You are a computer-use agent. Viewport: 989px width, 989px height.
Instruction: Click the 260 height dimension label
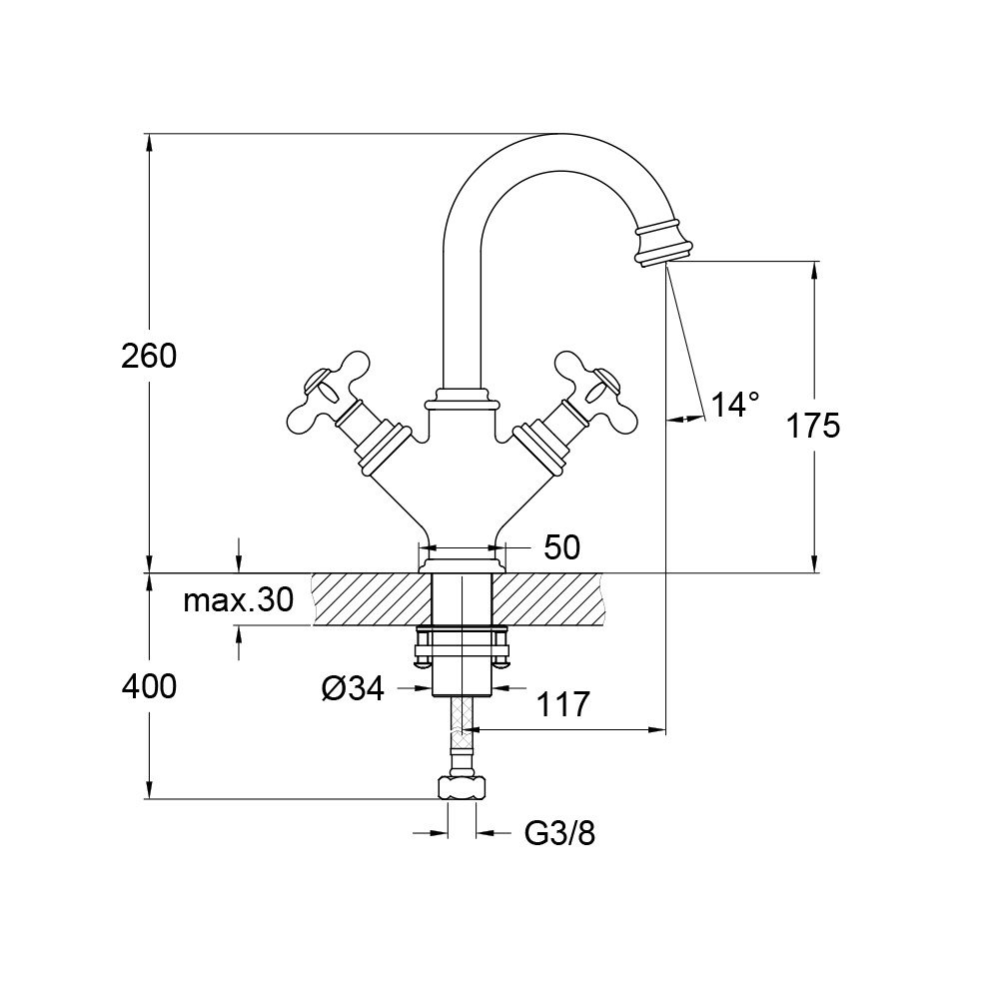tap(148, 356)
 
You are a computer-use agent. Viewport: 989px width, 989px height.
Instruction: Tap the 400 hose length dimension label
tap(148, 686)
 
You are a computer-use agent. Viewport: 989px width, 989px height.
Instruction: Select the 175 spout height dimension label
tap(812, 426)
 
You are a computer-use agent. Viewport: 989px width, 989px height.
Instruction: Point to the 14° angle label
tap(734, 405)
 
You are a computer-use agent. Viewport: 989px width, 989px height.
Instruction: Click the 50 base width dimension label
tap(562, 546)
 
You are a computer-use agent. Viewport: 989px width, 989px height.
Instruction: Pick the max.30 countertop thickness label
tap(238, 599)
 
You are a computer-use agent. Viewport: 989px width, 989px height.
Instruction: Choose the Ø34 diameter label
tap(353, 688)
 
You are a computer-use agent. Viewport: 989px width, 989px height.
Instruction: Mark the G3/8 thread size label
tap(559, 833)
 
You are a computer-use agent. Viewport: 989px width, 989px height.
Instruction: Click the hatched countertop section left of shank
tap(370, 599)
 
